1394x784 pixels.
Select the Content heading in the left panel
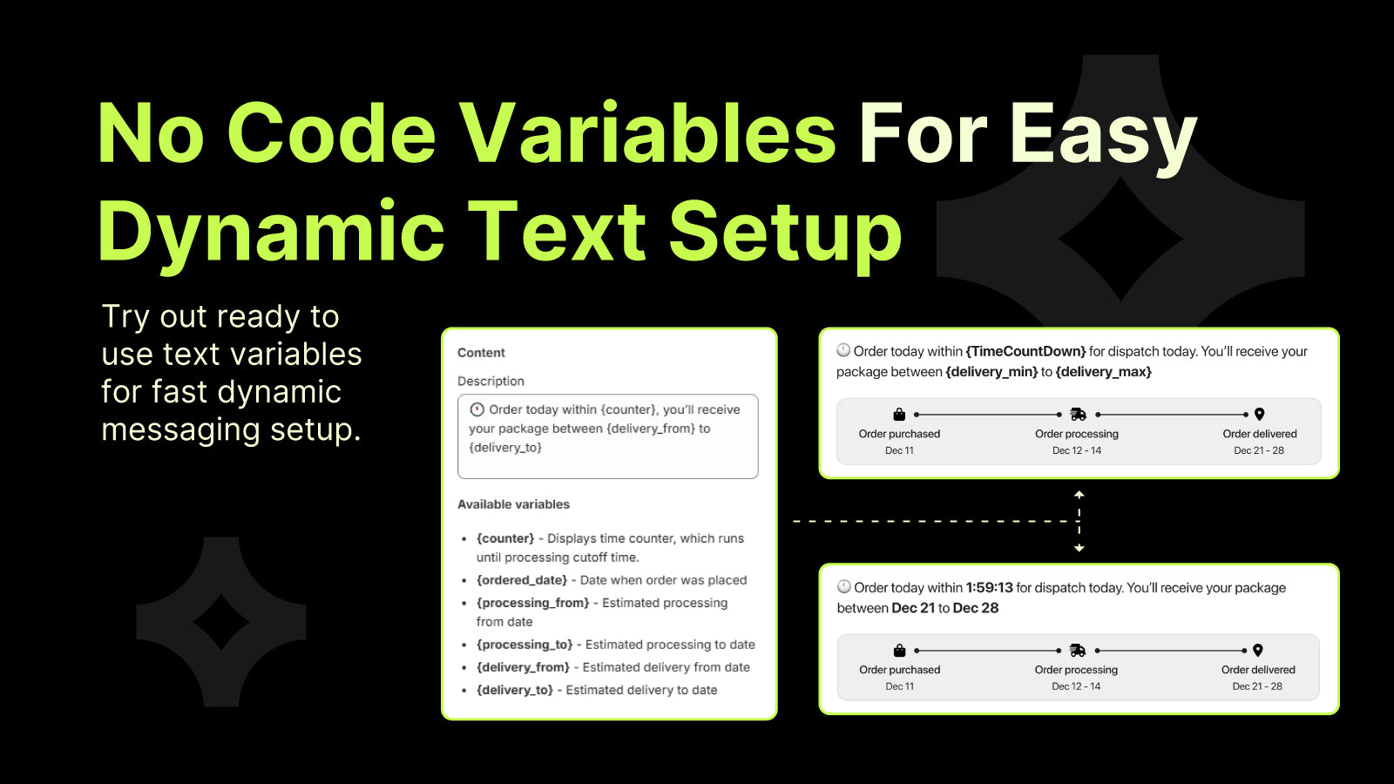(481, 353)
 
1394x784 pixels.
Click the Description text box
(607, 436)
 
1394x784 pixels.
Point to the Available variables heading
(513, 504)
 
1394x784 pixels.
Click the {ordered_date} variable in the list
(521, 580)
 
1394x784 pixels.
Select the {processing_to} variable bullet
(524, 645)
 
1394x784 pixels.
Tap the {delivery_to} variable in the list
(514, 690)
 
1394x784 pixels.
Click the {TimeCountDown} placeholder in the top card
(1025, 351)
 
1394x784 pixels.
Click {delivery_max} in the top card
(1103, 372)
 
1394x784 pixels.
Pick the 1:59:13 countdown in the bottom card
(989, 588)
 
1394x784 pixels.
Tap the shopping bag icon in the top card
(899, 415)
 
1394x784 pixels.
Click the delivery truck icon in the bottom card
(1077, 651)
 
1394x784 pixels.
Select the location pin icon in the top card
(1259, 415)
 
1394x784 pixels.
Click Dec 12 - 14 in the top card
(1076, 450)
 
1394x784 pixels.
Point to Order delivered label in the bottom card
(1257, 670)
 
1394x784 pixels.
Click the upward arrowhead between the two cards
(1079, 494)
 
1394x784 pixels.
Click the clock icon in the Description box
(477, 409)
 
